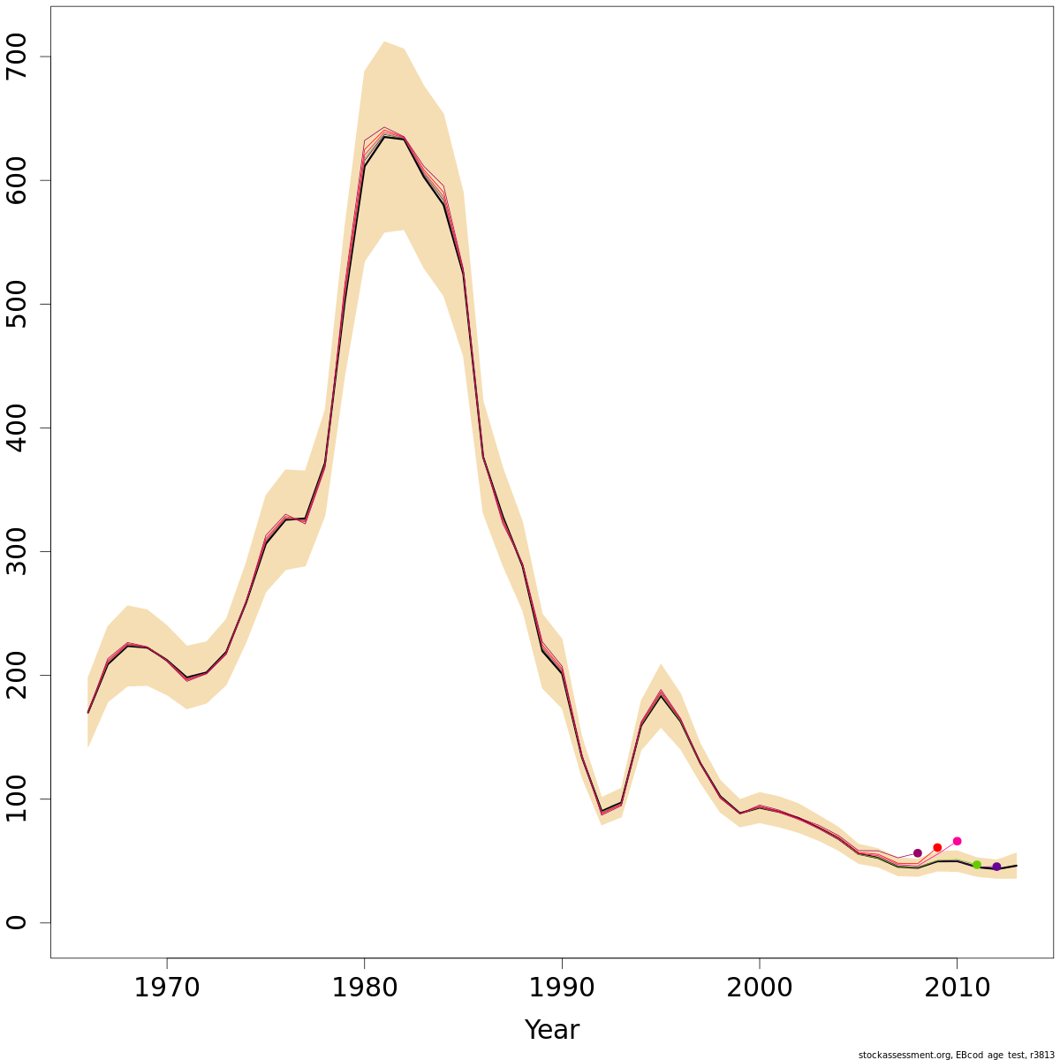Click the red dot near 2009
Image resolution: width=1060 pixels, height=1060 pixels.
937,847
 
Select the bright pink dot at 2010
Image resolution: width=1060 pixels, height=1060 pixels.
957,841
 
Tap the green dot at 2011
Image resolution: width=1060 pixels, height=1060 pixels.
976,865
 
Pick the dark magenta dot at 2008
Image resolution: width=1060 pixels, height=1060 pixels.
917,853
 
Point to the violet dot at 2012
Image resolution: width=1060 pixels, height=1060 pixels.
996,867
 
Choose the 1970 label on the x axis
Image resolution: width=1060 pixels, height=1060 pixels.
167,987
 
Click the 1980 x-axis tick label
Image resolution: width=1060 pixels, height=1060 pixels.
364,987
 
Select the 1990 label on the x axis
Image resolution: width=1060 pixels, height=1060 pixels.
562,987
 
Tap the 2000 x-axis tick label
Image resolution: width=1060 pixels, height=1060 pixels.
759,987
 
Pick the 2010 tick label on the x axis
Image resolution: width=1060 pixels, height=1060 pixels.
957,987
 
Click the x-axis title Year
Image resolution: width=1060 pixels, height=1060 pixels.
551,1029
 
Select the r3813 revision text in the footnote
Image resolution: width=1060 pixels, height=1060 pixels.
1042,1055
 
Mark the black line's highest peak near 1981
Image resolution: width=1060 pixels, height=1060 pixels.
384,137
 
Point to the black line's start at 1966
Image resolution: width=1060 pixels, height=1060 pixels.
88,712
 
